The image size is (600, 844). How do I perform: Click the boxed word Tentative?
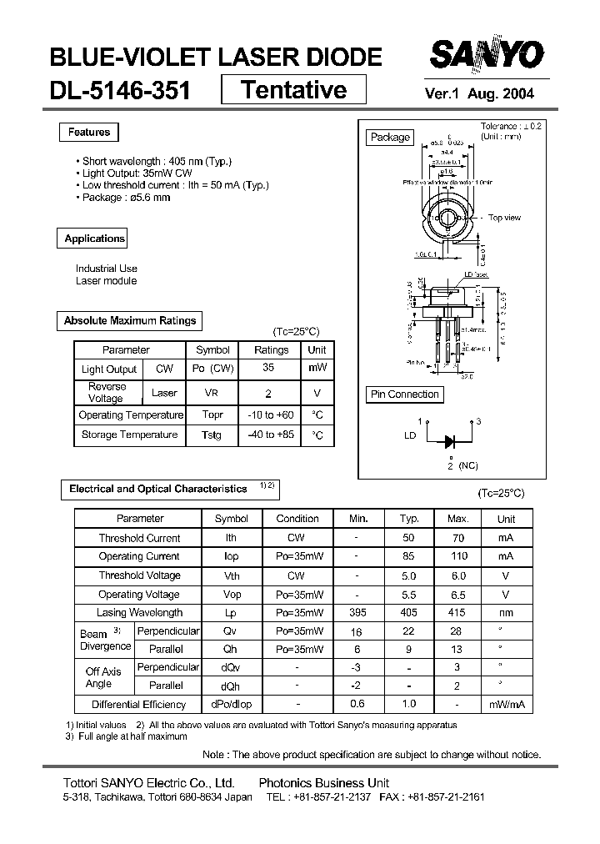pos(293,89)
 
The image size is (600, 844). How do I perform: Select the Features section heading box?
pos(89,133)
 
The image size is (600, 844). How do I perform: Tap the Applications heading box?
pos(94,239)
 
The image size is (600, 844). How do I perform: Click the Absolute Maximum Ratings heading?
pos(130,320)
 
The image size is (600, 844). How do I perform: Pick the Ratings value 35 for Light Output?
pos(269,368)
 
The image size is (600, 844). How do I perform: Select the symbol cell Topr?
pos(212,414)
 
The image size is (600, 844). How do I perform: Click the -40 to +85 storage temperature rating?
pos(271,435)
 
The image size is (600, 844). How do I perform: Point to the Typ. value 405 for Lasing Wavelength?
pos(409,613)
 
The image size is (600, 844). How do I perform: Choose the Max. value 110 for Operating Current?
pos(458,556)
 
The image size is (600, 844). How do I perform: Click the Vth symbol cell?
pos(232,575)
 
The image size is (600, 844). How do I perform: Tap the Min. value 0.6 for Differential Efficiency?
pos(357,704)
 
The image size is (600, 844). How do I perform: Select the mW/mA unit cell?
pos(506,705)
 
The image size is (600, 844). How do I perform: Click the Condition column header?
pos(297,518)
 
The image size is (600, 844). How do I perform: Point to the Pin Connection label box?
pos(404,394)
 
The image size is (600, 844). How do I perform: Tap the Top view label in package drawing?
pos(504,218)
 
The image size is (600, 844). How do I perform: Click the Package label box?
pos(390,138)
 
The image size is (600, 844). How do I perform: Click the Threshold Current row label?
pos(139,538)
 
